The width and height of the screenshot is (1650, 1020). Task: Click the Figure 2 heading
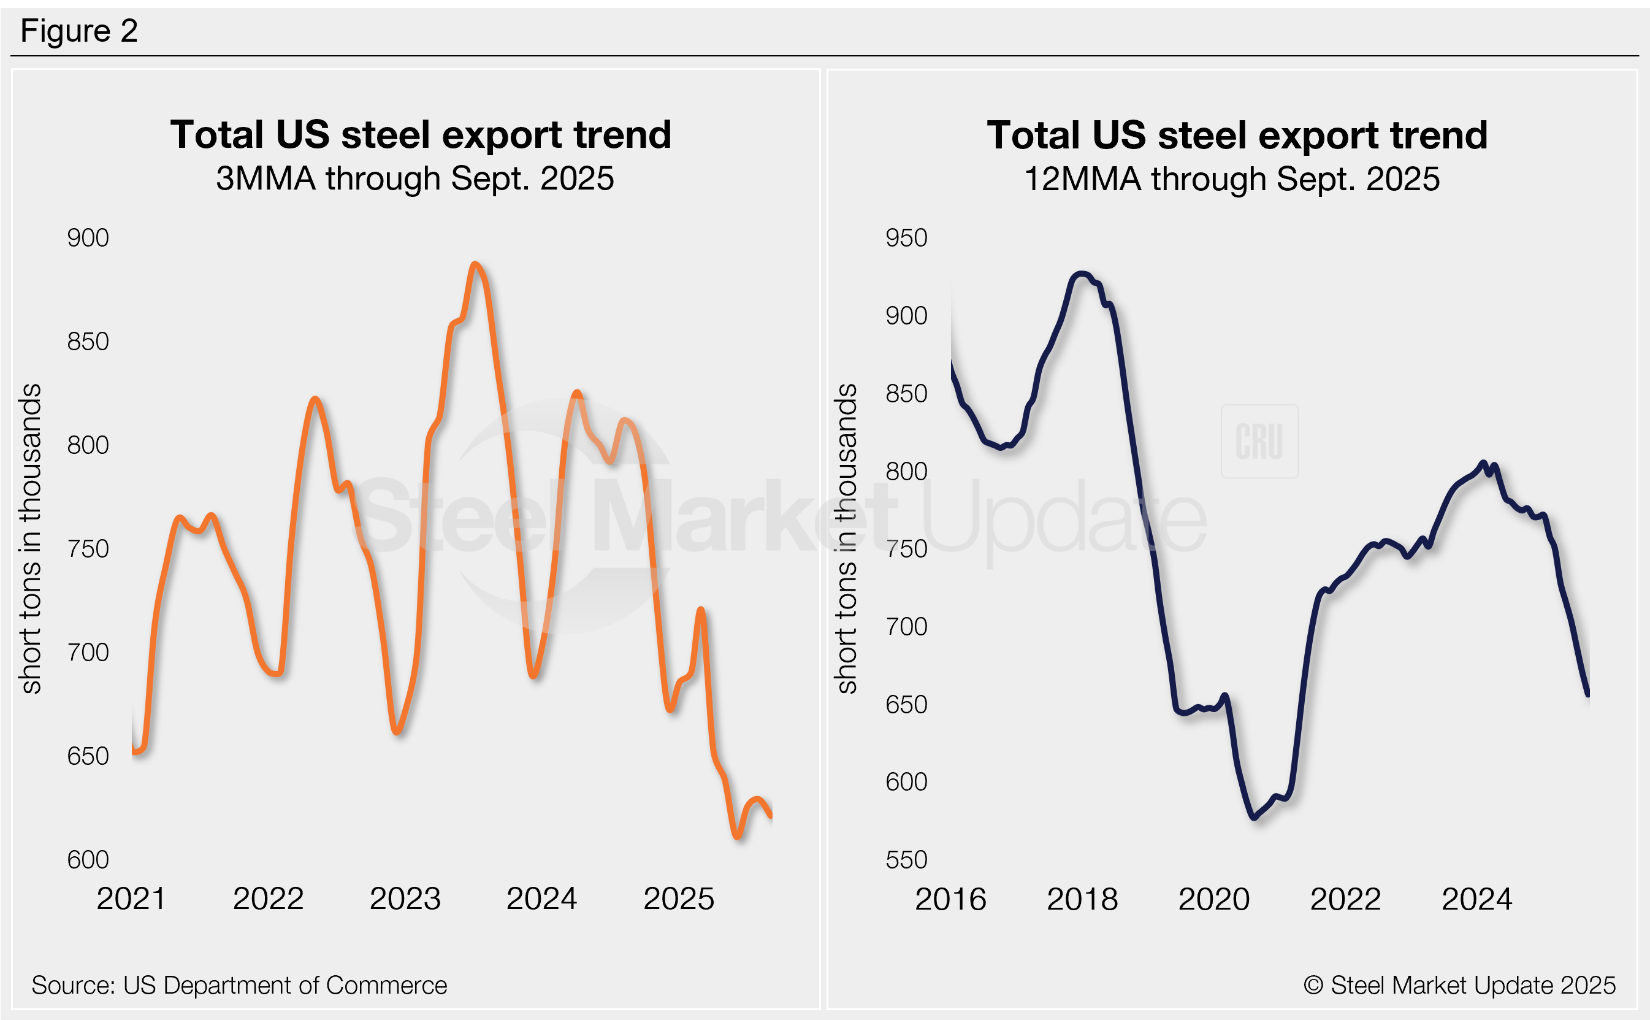click(x=79, y=31)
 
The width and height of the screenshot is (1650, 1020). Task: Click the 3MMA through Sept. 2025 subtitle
click(x=414, y=178)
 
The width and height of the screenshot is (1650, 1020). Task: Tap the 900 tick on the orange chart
click(x=88, y=238)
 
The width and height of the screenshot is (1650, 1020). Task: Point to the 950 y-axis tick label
click(x=906, y=238)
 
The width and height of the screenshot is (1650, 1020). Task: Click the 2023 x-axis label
click(x=405, y=899)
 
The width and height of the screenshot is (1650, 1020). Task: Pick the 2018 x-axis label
click(x=1082, y=899)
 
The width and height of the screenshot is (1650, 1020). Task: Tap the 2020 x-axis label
click(x=1213, y=899)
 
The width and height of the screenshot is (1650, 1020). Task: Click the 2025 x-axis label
click(x=678, y=899)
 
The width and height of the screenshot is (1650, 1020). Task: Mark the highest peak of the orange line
click(x=475, y=264)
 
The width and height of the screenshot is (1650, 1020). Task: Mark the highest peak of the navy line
click(x=1082, y=274)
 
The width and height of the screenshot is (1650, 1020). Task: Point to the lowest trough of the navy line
click(x=1254, y=817)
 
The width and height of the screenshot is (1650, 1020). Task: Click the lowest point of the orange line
click(x=737, y=837)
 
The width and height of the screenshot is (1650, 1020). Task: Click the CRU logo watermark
click(x=1259, y=441)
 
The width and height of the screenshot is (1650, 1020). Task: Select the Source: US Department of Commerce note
click(x=239, y=986)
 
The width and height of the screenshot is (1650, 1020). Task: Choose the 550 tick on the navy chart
click(x=906, y=860)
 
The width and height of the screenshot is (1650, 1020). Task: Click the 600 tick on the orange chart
click(x=88, y=860)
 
